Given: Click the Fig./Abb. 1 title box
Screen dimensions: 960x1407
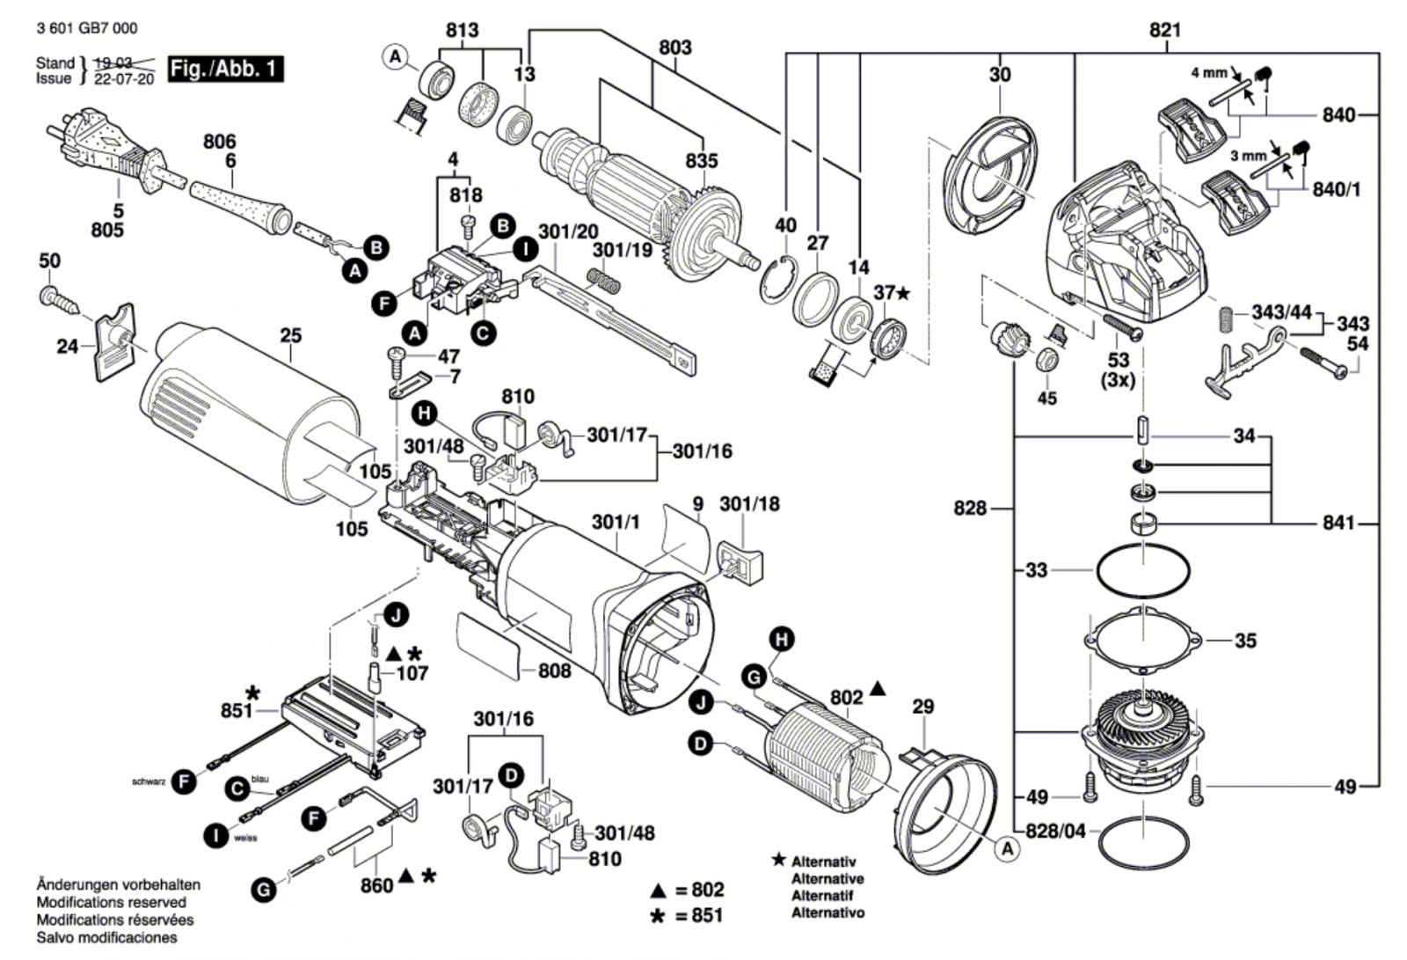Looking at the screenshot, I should click(225, 69).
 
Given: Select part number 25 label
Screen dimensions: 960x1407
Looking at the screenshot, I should click(290, 335).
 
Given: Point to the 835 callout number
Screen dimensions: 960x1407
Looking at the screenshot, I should click(702, 161).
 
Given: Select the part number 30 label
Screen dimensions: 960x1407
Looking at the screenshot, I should click(1000, 75).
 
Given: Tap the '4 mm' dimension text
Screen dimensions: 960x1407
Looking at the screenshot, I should click(1208, 73).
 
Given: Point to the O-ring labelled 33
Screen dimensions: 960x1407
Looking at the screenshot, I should click(1143, 571).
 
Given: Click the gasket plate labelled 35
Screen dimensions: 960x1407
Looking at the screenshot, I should click(1143, 640).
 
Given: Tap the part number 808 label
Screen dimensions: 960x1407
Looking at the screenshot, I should click(554, 671).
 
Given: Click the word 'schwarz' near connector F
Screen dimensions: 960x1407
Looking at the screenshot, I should click(149, 781).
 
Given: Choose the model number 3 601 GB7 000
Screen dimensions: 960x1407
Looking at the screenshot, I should click(87, 28).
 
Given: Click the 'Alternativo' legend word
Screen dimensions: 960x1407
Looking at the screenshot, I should click(827, 912).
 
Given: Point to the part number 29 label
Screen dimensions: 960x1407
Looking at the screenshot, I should click(922, 707).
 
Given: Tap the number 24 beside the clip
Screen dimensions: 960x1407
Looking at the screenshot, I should click(68, 347).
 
